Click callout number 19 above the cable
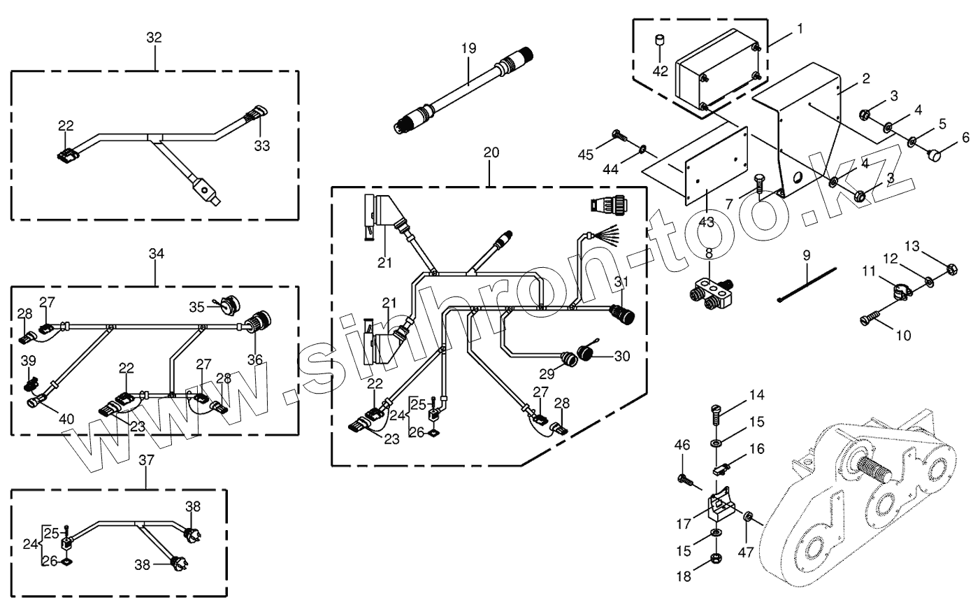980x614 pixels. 468,48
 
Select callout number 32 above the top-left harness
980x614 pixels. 154,38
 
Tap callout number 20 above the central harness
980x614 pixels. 491,152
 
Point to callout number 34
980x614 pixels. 156,255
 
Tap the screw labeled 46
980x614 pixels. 684,480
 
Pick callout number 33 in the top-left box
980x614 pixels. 261,145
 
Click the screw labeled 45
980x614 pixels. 617,134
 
